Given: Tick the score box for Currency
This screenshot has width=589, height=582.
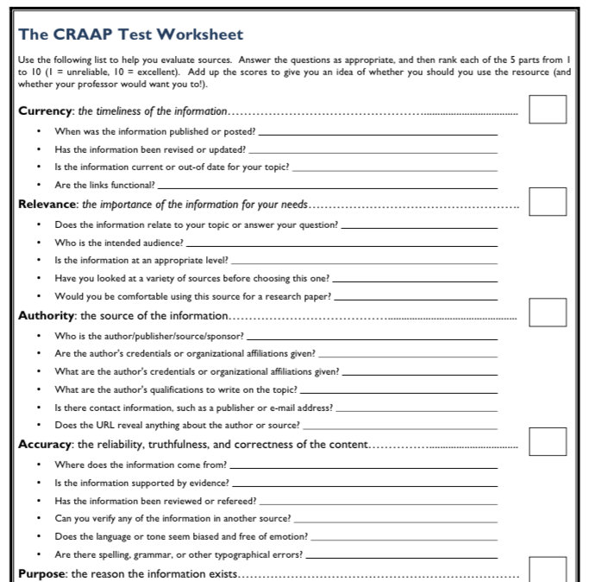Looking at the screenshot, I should tap(548, 111).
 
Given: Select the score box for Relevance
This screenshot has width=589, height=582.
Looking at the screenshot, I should tap(548, 201).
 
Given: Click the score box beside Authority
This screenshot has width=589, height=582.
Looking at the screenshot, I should tap(548, 312).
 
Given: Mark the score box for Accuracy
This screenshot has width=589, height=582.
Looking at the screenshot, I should tap(548, 441).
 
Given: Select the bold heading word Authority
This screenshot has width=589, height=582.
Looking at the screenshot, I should tap(48, 314).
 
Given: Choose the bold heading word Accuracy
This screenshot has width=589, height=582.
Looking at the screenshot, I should tap(47, 444).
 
